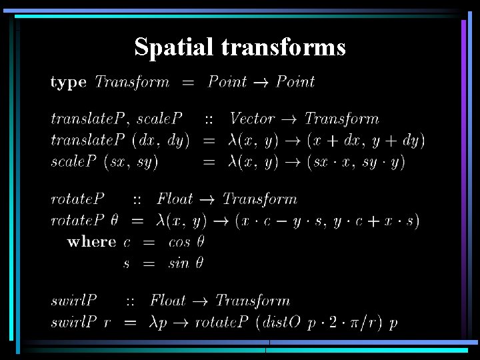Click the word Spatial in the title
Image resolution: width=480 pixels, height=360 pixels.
[x=174, y=47]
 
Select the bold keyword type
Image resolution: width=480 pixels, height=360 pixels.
[x=68, y=83]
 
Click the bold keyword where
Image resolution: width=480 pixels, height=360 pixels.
[x=91, y=242]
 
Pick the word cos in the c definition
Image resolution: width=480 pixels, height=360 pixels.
[x=179, y=242]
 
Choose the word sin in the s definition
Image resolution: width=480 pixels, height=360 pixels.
[x=179, y=263]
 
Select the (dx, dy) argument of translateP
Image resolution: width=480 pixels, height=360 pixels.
[x=161, y=141]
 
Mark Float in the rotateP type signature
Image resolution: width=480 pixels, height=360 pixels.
[x=175, y=199]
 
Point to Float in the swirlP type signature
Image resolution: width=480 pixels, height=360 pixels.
[x=168, y=301]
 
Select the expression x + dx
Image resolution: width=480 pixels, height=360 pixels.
[x=335, y=141]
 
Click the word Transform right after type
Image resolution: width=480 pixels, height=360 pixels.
[x=132, y=83]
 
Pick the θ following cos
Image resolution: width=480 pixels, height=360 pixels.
[x=199, y=242]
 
